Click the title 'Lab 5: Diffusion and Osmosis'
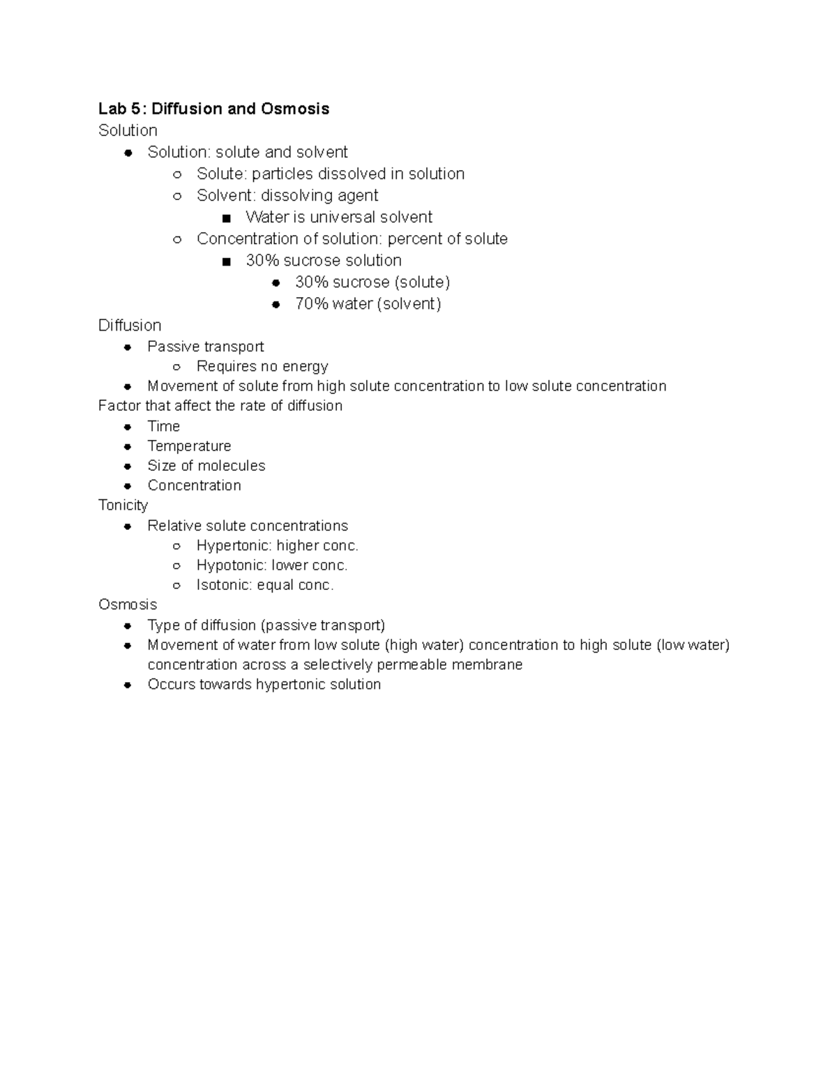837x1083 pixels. (213, 109)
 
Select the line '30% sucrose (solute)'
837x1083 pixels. (372, 282)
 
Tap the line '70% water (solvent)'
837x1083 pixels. (368, 303)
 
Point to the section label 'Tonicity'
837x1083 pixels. (123, 505)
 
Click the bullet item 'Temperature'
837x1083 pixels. (189, 446)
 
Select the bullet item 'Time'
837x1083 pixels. (163, 426)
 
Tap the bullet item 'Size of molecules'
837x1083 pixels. (206, 465)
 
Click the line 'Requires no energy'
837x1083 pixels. (262, 366)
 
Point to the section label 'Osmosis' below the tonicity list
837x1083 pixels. (128, 605)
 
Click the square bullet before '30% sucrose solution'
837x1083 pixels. (226, 262)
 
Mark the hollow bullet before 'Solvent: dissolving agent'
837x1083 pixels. (177, 196)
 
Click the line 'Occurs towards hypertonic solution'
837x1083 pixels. (264, 684)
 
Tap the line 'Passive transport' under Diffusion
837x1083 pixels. (205, 347)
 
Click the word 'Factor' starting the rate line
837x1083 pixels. (119, 405)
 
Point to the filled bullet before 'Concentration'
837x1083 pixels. (128, 486)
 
